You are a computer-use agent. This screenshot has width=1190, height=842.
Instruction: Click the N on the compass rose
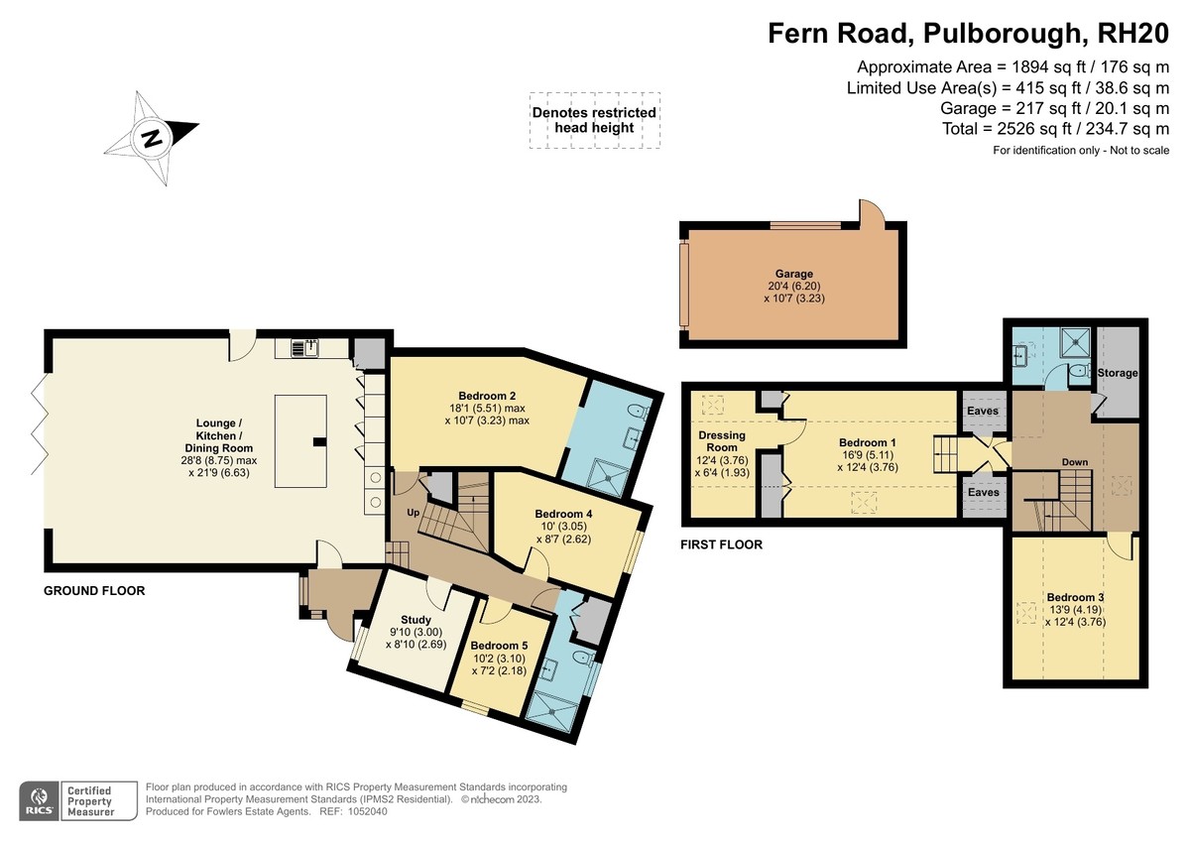(153, 139)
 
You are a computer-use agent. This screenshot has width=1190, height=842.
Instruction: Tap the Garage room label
(794, 274)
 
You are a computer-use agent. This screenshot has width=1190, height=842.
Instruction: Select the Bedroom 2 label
(487, 396)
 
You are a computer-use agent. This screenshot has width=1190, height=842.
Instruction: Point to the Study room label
(416, 620)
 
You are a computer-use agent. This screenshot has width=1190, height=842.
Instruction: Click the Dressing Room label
(722, 441)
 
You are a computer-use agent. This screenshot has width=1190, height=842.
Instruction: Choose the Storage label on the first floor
(1118, 373)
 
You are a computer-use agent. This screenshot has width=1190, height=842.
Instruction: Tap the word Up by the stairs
(414, 513)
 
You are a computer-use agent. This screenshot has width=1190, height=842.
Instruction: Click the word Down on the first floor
(1075, 462)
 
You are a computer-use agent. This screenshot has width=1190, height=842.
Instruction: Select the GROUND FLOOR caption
(94, 591)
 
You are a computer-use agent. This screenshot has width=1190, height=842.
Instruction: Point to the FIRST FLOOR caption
(722, 544)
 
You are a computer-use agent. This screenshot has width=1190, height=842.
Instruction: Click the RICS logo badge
(40, 800)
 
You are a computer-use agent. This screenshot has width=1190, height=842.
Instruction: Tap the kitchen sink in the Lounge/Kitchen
(304, 347)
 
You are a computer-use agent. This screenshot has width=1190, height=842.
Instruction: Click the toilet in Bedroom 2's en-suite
(638, 412)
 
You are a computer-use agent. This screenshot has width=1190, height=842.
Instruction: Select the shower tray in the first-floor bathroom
(1076, 343)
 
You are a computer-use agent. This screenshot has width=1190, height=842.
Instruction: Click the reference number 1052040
(368, 811)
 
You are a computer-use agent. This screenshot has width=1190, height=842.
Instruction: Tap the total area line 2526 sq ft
(1055, 129)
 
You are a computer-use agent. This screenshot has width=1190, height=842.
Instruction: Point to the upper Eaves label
(983, 411)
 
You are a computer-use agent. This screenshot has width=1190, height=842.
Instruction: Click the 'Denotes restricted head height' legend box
(594, 121)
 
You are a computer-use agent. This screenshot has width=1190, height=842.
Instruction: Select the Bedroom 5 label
(500, 646)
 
